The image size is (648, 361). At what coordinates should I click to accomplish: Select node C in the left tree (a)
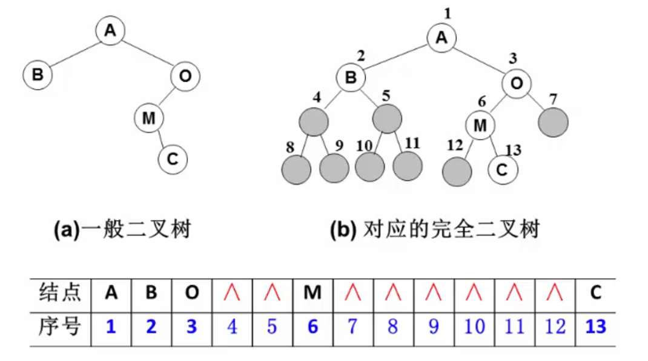173,160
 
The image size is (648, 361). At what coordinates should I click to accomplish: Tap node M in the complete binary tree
480,124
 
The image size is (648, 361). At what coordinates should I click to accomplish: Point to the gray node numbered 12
457,171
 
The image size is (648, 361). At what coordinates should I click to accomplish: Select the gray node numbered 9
334,169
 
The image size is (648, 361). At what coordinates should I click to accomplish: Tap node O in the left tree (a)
185,76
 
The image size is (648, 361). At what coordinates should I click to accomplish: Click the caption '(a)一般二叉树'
122,230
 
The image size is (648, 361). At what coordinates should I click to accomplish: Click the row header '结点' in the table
59,292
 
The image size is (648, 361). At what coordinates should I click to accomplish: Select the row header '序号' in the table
59,327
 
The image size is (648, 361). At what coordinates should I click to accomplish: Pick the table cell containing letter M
312,292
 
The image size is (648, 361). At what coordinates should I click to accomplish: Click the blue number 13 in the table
596,327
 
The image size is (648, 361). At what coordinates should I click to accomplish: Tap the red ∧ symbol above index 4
231,292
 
